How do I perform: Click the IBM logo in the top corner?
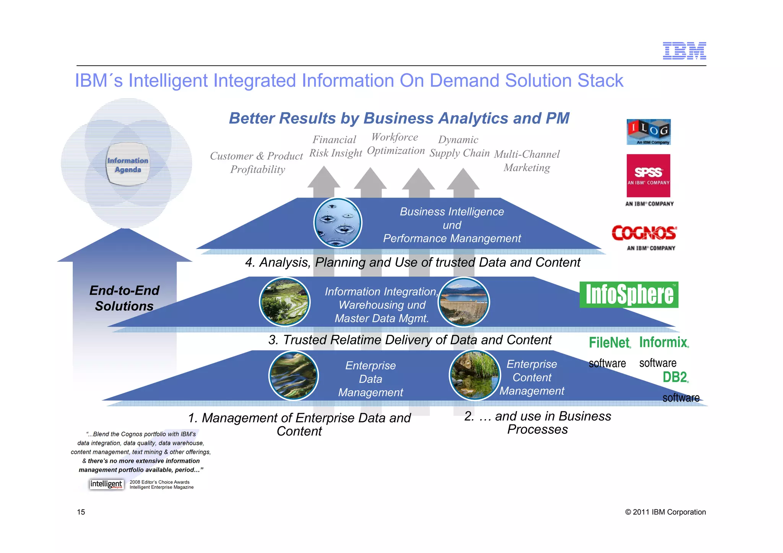[684, 51]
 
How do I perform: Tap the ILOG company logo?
[648, 132]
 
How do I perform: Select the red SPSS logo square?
[648, 175]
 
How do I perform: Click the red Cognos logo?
[644, 233]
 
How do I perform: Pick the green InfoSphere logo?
[629, 295]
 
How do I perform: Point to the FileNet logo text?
[609, 342]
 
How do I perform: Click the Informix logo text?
[664, 342]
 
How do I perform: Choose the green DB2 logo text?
[675, 377]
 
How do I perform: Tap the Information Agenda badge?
[128, 165]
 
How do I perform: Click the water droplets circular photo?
[338, 223]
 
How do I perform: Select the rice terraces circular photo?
[285, 302]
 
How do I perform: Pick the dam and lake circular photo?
[464, 302]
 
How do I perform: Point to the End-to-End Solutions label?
[124, 298]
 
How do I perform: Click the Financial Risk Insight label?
[335, 146]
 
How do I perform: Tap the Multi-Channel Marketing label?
[527, 161]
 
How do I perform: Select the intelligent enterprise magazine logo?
[107, 484]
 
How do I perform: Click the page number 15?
[81, 512]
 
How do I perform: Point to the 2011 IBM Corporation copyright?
[665, 512]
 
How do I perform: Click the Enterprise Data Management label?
[370, 379]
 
